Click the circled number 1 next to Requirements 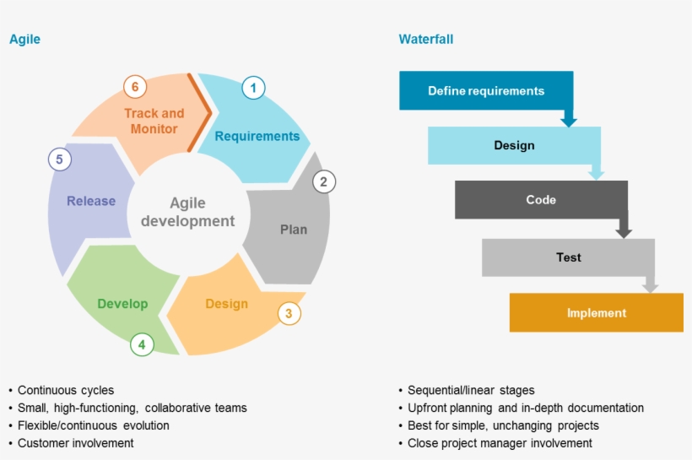(x=253, y=87)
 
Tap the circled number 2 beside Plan (x=323, y=181)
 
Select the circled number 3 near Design (x=289, y=314)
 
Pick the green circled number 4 (x=142, y=344)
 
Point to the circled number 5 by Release (x=59, y=159)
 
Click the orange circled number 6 (x=134, y=86)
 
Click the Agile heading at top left (x=24, y=40)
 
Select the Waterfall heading (x=426, y=40)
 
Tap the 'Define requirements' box (x=486, y=91)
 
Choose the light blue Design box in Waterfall (x=514, y=145)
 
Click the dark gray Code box (x=541, y=200)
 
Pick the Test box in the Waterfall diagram (x=568, y=257)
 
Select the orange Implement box (x=596, y=313)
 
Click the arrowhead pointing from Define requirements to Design (x=569, y=122)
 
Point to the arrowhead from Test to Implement (x=650, y=288)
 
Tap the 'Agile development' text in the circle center (x=187, y=212)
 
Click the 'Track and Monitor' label (x=154, y=121)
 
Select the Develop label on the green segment (x=122, y=304)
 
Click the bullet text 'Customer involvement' (x=75, y=443)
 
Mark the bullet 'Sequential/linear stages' (x=471, y=390)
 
